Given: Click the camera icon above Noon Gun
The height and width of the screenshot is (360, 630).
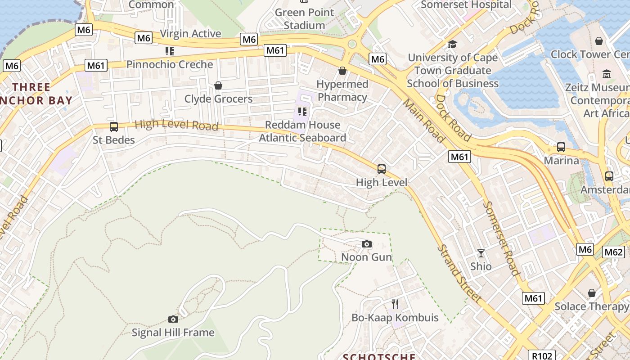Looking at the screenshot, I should (x=367, y=244).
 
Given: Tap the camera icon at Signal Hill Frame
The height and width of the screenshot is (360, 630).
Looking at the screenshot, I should (x=173, y=319).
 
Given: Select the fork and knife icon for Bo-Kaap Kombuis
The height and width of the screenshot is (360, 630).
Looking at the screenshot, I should (x=395, y=304).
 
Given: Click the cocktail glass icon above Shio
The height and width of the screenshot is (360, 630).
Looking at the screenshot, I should (x=481, y=253).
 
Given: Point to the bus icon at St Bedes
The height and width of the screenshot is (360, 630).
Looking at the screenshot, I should (x=114, y=127).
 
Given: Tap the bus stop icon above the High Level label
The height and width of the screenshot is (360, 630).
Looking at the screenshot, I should (x=382, y=169).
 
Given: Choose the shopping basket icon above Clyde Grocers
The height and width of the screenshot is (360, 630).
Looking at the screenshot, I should (x=218, y=85).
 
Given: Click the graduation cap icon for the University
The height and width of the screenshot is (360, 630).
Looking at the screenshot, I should (x=452, y=44).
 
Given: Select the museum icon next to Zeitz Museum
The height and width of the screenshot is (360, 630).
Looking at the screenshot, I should (x=607, y=74).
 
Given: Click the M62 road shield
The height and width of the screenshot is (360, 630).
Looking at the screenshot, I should (x=613, y=252).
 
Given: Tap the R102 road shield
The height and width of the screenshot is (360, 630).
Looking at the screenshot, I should (x=541, y=355).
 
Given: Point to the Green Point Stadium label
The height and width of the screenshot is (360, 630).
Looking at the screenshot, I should (x=304, y=19).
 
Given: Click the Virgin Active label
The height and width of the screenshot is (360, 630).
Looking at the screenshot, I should (x=190, y=34).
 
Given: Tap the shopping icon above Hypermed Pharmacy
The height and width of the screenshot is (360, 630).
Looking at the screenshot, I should (x=342, y=71).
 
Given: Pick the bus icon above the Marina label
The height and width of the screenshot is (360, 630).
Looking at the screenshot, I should (x=561, y=147).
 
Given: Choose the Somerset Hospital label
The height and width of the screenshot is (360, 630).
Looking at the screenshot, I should (x=466, y=5).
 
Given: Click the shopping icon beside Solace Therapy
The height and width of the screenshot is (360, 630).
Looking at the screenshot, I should (x=591, y=293).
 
